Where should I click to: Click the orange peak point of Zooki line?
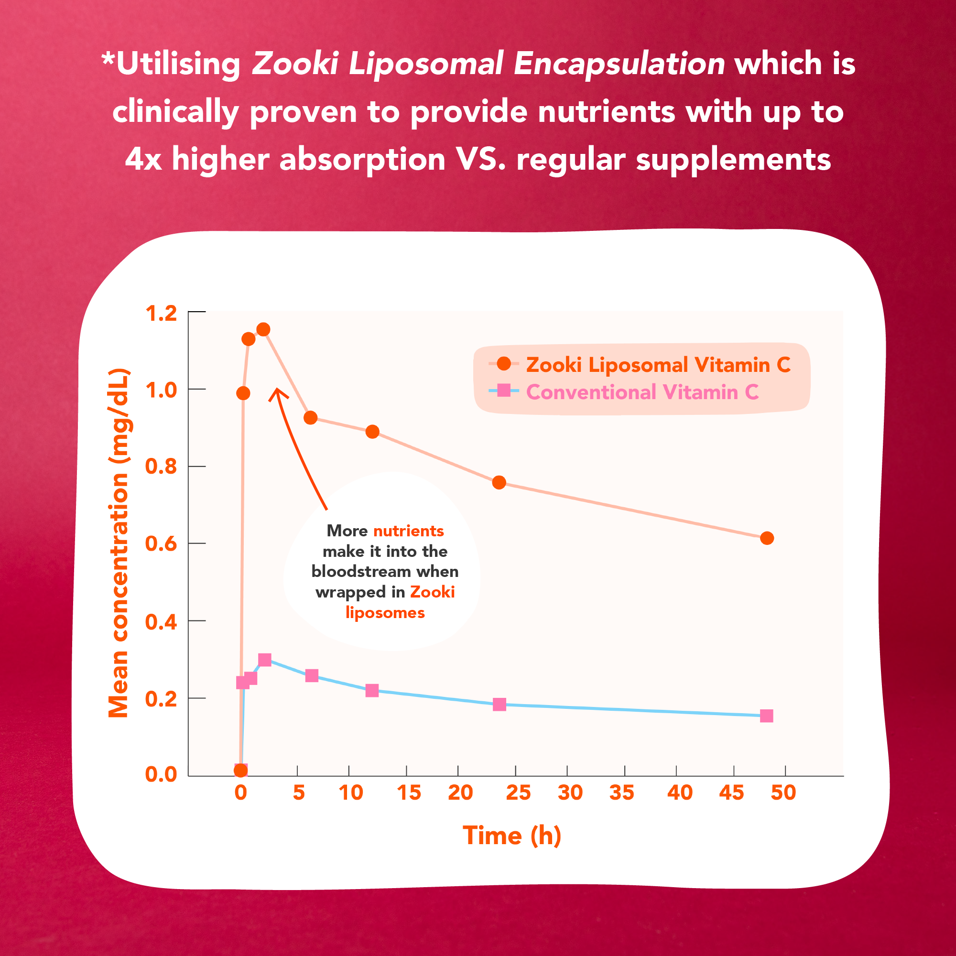click(263, 329)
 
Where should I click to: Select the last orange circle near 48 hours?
click(767, 538)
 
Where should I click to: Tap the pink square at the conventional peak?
click(265, 660)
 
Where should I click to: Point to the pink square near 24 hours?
click(500, 704)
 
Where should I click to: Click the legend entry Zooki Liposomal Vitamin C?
click(658, 365)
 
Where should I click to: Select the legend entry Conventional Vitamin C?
click(642, 392)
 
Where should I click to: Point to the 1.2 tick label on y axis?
click(161, 313)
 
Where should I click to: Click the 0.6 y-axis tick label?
click(161, 544)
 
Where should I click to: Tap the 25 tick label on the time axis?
click(518, 793)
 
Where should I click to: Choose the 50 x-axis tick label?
click(783, 793)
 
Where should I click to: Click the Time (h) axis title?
click(511, 836)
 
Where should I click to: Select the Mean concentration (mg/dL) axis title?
click(119, 543)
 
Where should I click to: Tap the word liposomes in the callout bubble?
click(385, 613)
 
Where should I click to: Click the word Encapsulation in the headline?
click(619, 65)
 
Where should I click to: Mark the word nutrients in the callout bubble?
click(408, 531)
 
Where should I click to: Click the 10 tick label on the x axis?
click(351, 793)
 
